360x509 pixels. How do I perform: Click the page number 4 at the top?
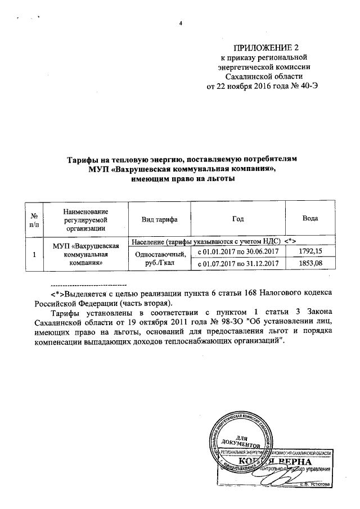click(x=181, y=23)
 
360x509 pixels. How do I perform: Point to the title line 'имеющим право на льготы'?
click(x=182, y=179)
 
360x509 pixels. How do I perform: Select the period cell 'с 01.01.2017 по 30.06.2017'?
click(x=238, y=251)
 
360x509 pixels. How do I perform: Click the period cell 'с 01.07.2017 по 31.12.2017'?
click(x=238, y=263)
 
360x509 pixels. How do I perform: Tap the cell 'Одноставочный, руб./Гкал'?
click(x=160, y=257)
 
